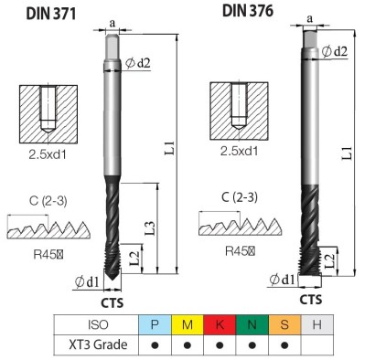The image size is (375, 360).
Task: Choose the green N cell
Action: [x=251, y=325]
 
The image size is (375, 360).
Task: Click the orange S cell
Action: [x=284, y=325]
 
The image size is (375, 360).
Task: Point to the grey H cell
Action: [x=316, y=325]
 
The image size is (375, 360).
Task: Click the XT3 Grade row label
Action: [x=95, y=344]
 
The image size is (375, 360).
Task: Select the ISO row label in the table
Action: [x=95, y=325]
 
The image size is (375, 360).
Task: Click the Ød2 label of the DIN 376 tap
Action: [x=335, y=51]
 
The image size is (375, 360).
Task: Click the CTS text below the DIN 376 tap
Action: [x=311, y=299]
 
